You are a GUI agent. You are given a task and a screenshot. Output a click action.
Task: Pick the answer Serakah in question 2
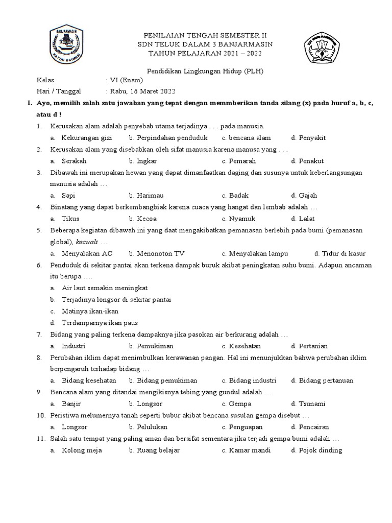pos(74,161)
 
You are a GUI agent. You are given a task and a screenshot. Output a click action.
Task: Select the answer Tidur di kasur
pos(344,253)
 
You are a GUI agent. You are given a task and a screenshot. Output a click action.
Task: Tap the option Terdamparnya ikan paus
pos(100,323)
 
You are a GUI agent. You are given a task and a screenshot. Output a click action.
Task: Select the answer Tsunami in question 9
pos(312,403)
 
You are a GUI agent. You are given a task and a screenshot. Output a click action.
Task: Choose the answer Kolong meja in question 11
pos(82,450)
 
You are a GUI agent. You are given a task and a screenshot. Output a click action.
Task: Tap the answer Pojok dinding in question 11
pos(321,450)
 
